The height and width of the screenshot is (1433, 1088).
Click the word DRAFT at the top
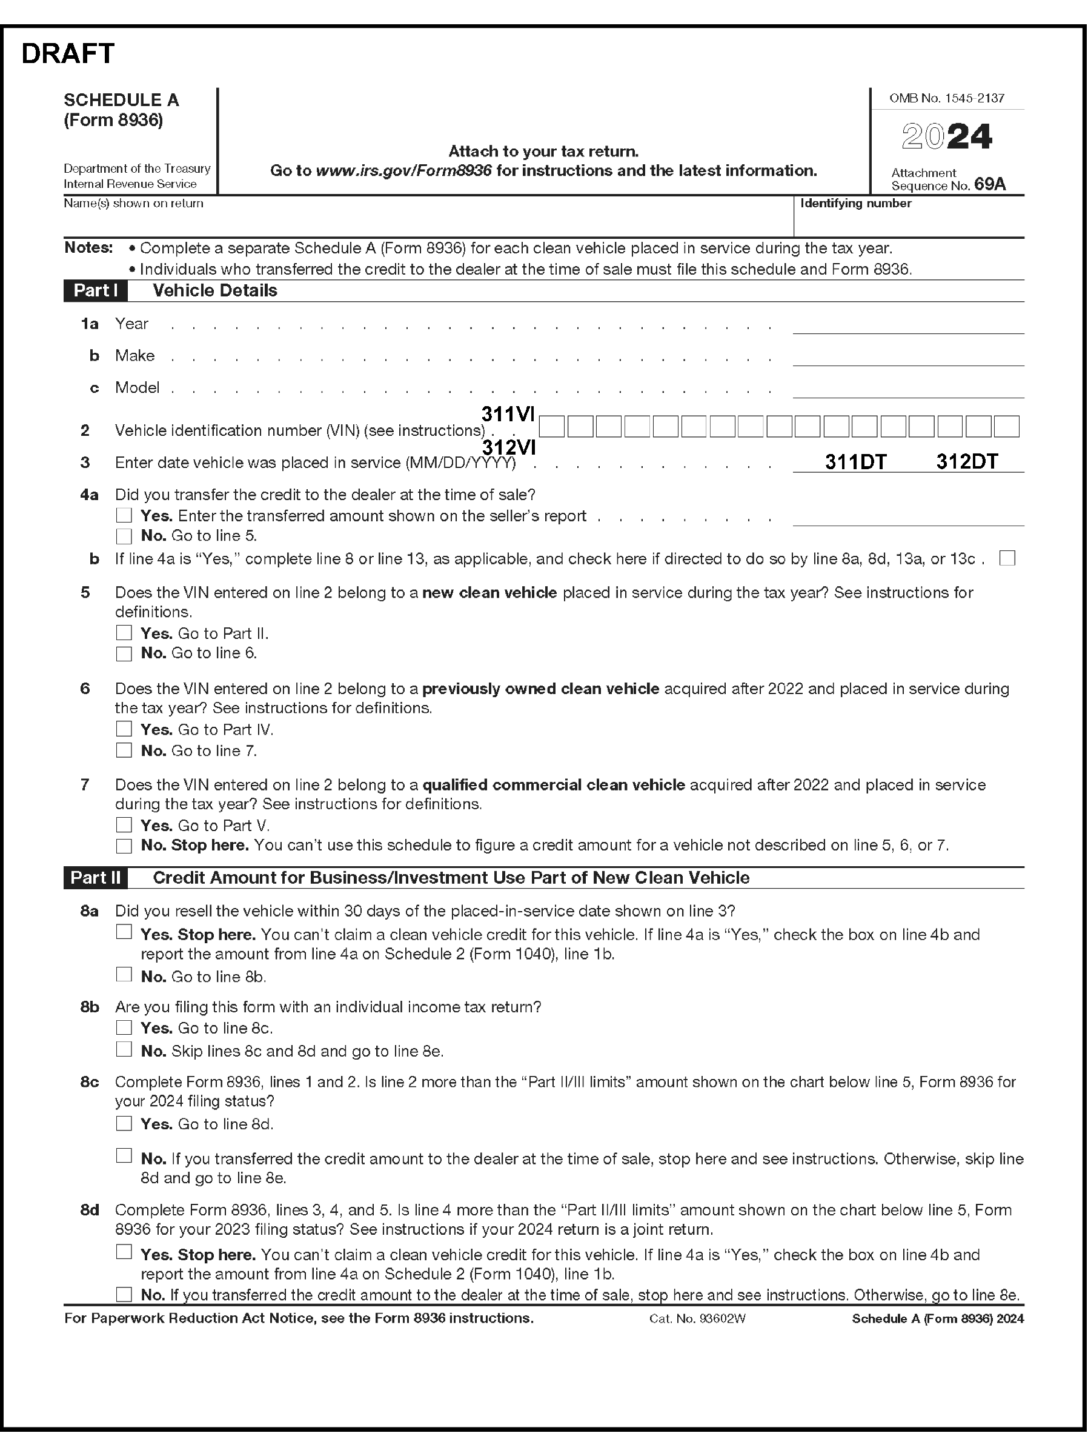coord(68,53)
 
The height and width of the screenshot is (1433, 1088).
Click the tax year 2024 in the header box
coord(946,137)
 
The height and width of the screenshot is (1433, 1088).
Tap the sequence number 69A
coord(990,185)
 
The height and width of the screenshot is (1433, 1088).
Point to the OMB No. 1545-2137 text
coord(946,99)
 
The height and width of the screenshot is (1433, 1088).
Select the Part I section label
coord(95,290)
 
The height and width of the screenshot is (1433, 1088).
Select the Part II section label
coord(95,878)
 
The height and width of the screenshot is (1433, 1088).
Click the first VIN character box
coord(552,427)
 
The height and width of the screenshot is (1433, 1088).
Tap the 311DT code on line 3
coord(855,461)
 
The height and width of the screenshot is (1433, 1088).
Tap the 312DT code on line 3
coord(967,461)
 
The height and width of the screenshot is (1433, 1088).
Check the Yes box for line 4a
coord(124,515)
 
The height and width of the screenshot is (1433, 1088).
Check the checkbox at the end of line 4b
coord(1007,558)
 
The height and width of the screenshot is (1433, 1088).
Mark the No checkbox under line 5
coord(124,653)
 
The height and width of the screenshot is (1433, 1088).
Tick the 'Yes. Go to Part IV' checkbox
coord(124,729)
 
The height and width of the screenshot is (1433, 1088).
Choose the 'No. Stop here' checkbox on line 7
coord(124,845)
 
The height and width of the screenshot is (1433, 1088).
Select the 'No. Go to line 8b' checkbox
coord(124,975)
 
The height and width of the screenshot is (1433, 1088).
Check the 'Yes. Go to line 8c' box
coord(124,1028)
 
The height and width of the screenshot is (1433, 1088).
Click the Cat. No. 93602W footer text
coord(697,1319)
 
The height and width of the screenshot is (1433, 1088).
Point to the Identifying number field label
coord(855,204)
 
